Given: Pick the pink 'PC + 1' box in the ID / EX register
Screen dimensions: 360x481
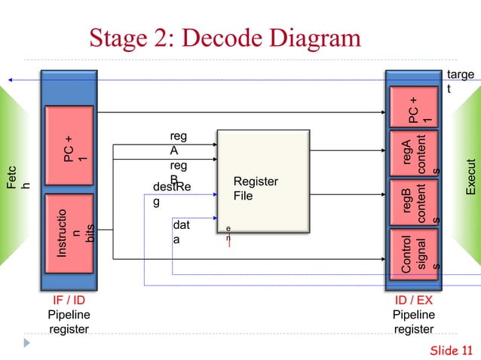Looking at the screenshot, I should [x=414, y=108].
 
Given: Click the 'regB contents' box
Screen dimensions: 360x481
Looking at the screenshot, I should [x=414, y=201].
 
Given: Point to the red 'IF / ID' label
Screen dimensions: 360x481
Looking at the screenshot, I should [x=68, y=301].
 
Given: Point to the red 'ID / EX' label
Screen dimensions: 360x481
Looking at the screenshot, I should [x=414, y=301].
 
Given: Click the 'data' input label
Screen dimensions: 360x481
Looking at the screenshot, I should [x=181, y=232].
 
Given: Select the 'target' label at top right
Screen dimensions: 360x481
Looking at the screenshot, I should [x=459, y=82].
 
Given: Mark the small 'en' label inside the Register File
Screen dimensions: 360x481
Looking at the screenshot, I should [x=228, y=231].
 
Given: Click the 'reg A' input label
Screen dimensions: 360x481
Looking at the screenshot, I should [x=179, y=142].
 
